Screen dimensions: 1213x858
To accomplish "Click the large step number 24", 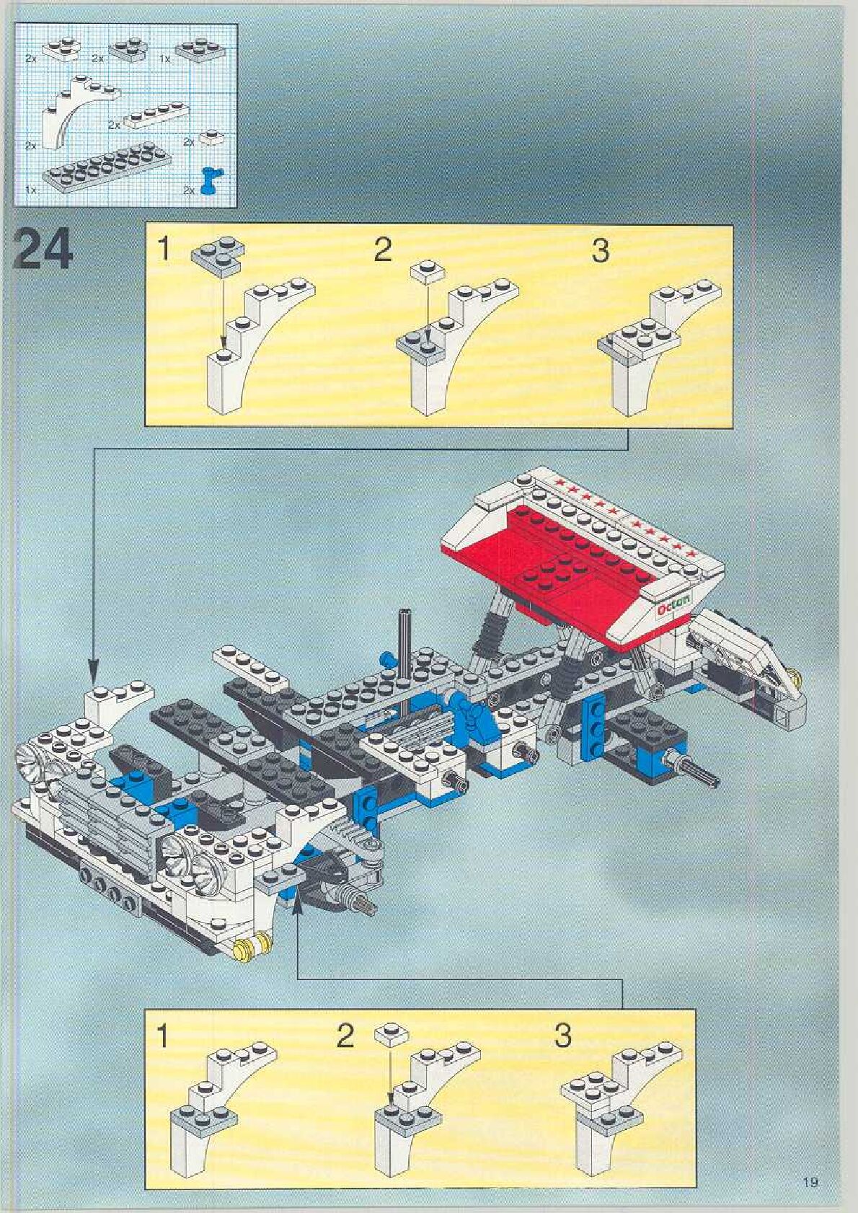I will tap(43, 249).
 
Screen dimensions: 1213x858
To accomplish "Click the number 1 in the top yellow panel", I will tap(165, 250).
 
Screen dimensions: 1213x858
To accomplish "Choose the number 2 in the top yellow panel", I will tap(382, 250).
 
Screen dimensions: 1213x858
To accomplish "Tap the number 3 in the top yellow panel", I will tap(600, 251).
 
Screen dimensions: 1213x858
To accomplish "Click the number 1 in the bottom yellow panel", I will tap(163, 1036).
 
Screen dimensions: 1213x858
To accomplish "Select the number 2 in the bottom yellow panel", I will tap(346, 1036).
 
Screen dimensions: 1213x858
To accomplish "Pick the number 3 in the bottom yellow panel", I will tap(563, 1036).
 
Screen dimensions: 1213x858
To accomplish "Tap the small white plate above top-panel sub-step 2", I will tap(428, 273).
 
